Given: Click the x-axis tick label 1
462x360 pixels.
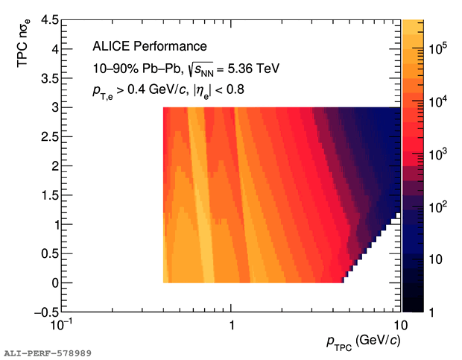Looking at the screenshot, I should (232, 326).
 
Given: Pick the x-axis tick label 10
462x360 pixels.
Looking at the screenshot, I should (400, 326).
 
